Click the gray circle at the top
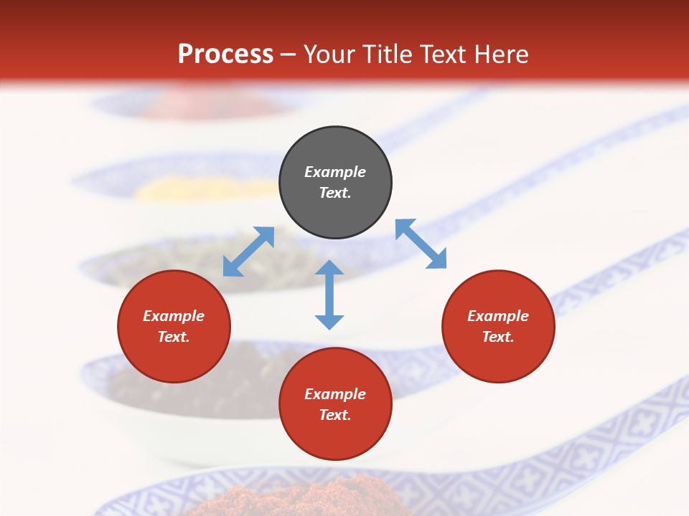pyautogui.click(x=335, y=183)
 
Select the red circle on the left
pyautogui.click(x=174, y=326)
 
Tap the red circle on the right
pyautogui.click(x=498, y=326)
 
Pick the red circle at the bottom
pyautogui.click(x=335, y=404)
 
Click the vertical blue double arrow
pyautogui.click(x=329, y=295)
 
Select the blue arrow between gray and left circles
pyautogui.click(x=248, y=252)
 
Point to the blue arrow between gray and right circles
pyautogui.click(x=421, y=244)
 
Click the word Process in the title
pyautogui.click(x=225, y=54)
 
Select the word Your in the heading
pyautogui.click(x=329, y=54)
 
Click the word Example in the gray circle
pyautogui.click(x=335, y=172)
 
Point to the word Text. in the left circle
pyautogui.click(x=174, y=337)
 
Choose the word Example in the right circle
pyautogui.click(x=498, y=316)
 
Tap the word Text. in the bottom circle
pyautogui.click(x=335, y=415)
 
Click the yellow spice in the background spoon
pyautogui.click(x=172, y=189)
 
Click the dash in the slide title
pyautogui.click(x=289, y=54)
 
